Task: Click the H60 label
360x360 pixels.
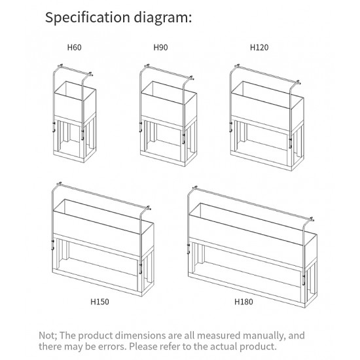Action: (x=74, y=48)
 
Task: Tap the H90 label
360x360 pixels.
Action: (x=160, y=48)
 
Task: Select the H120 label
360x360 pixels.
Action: (x=259, y=48)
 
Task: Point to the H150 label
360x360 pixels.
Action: (x=99, y=302)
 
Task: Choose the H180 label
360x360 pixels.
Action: (x=243, y=302)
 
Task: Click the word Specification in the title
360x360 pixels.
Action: (x=88, y=18)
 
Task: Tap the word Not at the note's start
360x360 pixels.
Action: (x=48, y=336)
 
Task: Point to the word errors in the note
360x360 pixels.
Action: (x=113, y=346)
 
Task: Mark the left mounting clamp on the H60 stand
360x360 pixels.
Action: (x=54, y=128)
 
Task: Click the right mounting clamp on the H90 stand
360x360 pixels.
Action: (x=184, y=139)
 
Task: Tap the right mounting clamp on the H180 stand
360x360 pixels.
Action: (x=304, y=279)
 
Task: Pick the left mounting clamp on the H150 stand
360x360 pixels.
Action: (x=52, y=245)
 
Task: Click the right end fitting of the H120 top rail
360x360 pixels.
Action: (x=298, y=82)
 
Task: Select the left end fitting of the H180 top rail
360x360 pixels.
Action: (x=195, y=189)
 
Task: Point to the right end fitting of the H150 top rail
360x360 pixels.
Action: (x=149, y=208)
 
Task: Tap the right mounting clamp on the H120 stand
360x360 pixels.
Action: (x=291, y=143)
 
